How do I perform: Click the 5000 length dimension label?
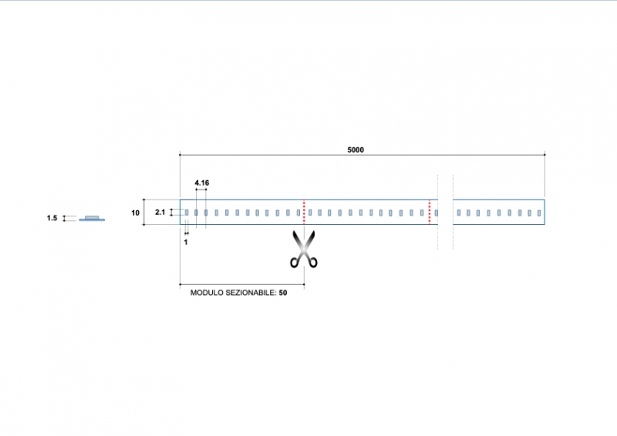pos(356,150)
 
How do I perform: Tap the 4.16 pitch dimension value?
pos(201,183)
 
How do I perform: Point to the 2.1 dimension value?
pos(160,212)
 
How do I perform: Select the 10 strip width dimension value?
pos(136,213)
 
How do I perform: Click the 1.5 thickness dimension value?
pos(52,219)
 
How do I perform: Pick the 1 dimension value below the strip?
pos(186,242)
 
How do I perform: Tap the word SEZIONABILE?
pos(251,293)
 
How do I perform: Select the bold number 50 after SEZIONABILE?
pos(283,293)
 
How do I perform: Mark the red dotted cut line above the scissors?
pos(304,212)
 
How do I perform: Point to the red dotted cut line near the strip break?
pos(430,212)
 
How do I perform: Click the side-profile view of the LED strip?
pos(93,218)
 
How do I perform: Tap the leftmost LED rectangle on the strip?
pos(186,213)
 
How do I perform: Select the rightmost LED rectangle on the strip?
pos(540,213)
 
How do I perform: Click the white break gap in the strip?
pos(445,212)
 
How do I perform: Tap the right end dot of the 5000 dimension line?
pos(545,155)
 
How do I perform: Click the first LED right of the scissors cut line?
pos(309,213)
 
